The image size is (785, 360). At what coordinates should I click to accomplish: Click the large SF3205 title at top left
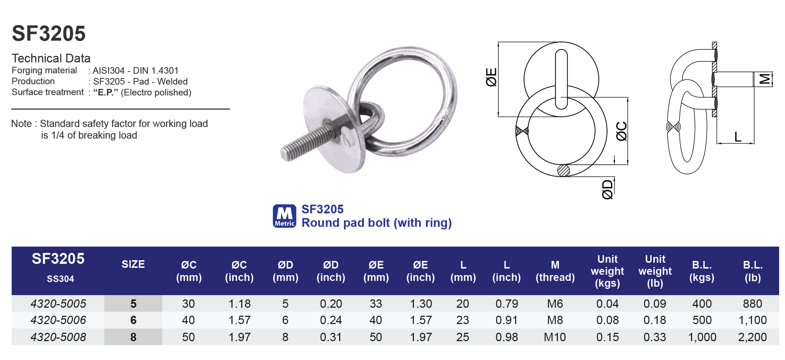pos(49,33)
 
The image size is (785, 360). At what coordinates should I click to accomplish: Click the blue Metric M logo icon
pos(284,216)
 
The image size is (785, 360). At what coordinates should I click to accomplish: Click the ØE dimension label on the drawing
pos(491,77)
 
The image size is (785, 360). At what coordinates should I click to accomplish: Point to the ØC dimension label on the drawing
pos(621,131)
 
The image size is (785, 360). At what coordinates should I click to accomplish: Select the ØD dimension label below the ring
pos(607,189)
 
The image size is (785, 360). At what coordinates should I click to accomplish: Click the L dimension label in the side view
pos(737,137)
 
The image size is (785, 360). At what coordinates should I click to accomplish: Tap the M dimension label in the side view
pos(765,79)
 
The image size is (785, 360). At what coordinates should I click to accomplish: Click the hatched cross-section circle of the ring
pos(563,171)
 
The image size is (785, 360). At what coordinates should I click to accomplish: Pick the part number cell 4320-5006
pos(58,320)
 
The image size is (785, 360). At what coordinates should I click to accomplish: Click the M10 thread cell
pos(555,337)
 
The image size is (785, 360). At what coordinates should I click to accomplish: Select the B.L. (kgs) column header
pos(702,271)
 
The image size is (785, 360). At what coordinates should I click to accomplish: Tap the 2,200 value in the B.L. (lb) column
pos(752,337)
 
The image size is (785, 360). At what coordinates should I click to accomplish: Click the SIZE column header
pos(133,264)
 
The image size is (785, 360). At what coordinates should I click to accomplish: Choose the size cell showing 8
pos(133,337)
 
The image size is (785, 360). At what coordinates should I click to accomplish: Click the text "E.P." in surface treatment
pos(106,92)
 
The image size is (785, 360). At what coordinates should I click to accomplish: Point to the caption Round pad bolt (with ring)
pos(377,222)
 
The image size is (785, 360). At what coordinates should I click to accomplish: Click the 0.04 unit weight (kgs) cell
pos(607,303)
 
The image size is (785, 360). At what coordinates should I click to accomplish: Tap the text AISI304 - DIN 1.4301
pos(135,70)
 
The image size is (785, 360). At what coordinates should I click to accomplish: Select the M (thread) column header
pos(555,271)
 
